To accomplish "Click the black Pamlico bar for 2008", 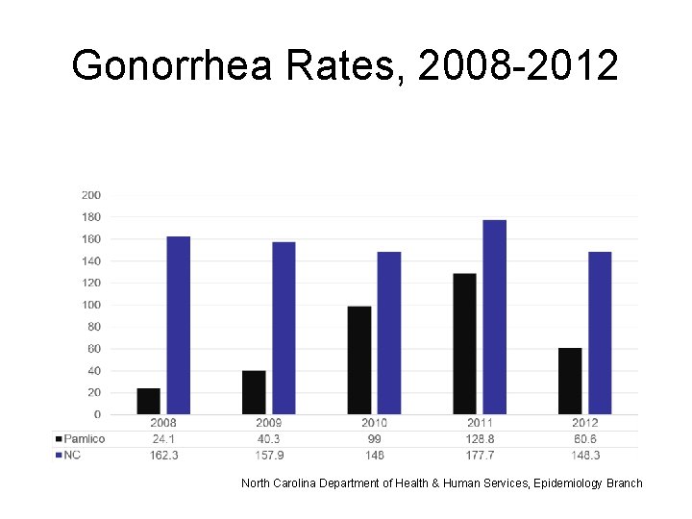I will [x=149, y=402].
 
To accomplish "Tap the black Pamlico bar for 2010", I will [x=359, y=360].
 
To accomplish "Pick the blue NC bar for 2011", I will [x=494, y=317].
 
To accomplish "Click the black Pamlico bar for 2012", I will [x=570, y=382].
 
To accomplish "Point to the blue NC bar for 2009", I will [x=284, y=328].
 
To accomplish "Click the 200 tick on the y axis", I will [x=91, y=195].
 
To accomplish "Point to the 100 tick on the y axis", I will [x=91, y=305].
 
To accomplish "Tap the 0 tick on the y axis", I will [x=97, y=414].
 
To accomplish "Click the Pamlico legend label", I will [x=86, y=439].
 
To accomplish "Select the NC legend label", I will [x=73, y=455].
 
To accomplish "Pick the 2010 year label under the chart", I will [x=375, y=423].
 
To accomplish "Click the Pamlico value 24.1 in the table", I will [x=164, y=439].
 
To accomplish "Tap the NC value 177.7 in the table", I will [x=481, y=455].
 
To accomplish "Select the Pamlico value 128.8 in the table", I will [x=481, y=439].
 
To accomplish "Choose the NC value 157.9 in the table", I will [x=269, y=455].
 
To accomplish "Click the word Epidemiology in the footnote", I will [x=556, y=482].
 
